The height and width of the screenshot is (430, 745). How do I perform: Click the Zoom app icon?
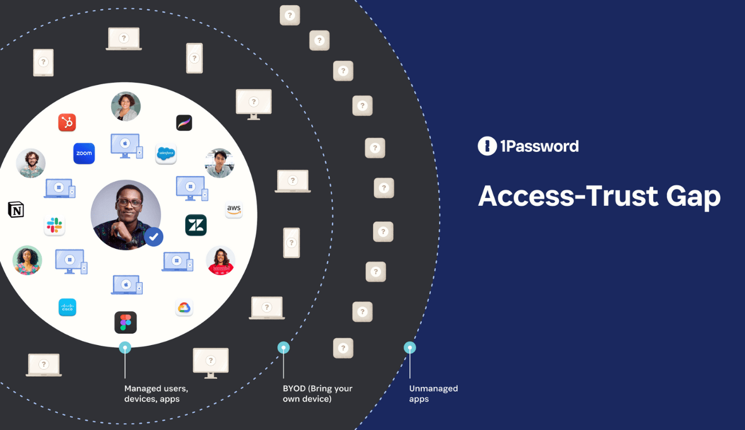click(x=84, y=154)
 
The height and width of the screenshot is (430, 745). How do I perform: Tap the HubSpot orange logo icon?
click(x=67, y=122)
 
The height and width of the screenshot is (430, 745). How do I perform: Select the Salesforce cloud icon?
click(x=166, y=154)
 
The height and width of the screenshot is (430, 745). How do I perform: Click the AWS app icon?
click(x=233, y=210)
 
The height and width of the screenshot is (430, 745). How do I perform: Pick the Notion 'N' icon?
click(x=16, y=210)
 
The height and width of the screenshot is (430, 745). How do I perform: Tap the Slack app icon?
click(x=54, y=225)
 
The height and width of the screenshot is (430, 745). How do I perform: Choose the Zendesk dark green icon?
click(x=196, y=225)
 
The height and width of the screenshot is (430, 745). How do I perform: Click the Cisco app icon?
click(x=67, y=307)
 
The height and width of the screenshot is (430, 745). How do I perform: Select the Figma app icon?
click(x=126, y=322)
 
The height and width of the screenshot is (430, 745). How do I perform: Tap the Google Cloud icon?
click(x=184, y=308)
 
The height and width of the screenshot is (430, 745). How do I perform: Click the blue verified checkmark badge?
click(x=154, y=236)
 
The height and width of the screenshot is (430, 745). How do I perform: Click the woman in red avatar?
click(x=221, y=260)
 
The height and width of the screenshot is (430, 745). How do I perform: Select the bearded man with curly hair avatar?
click(x=30, y=163)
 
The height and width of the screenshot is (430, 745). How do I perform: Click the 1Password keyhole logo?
click(x=487, y=146)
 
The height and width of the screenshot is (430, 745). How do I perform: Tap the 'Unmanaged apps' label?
click(x=433, y=393)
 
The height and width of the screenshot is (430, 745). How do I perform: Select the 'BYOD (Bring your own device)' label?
click(x=317, y=393)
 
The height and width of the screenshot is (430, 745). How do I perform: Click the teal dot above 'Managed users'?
click(x=125, y=347)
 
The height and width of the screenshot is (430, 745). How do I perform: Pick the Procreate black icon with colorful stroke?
click(x=184, y=123)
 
